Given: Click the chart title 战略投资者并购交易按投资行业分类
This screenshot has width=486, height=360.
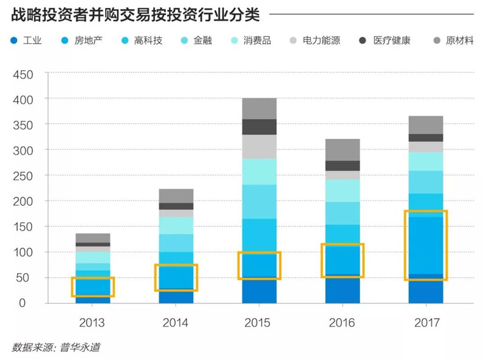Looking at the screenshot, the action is tap(135, 15).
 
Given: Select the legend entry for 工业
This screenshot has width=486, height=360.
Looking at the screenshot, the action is tap(26, 41).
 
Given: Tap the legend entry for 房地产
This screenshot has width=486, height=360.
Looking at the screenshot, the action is tap(82, 41).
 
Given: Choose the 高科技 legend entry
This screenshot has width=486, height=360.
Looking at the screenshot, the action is tap(142, 41).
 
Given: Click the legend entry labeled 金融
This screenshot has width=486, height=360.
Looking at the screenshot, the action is tap(196, 41).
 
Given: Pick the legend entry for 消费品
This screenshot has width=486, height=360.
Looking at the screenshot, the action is tap(252, 41).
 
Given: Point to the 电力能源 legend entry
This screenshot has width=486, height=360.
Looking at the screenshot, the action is tap(315, 41).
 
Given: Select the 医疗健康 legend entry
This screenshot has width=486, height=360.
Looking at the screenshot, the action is tap(385, 41).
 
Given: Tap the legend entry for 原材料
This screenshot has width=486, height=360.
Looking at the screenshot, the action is tap(453, 41).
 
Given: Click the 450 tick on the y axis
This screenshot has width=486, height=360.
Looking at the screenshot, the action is tap(23, 75).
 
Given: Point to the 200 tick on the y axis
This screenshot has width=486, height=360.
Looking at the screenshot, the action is tap(23, 202).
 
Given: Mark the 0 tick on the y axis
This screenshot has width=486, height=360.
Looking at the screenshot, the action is tap(22, 303).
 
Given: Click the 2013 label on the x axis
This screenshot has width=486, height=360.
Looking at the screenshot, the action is tap(92, 323).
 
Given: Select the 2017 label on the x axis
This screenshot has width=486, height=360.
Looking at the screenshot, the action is tap(427, 323).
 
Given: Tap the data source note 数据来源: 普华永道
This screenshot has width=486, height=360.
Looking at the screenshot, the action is tap(56, 347).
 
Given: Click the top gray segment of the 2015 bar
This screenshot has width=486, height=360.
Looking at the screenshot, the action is tap(259, 109).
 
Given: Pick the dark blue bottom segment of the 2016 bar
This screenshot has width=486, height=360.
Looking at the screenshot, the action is tap(343, 290).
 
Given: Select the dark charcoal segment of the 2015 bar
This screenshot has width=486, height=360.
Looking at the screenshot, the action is tap(259, 127).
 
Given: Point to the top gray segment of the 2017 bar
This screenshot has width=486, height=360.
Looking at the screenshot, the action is tap(426, 125).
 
